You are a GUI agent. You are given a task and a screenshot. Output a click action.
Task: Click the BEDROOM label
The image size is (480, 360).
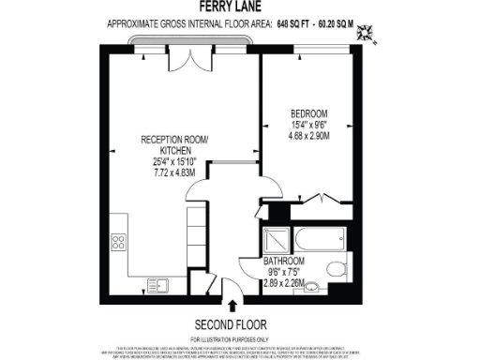(x=307, y=116)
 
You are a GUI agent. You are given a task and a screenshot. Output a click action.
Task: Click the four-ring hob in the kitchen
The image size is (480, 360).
(x=120, y=240)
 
